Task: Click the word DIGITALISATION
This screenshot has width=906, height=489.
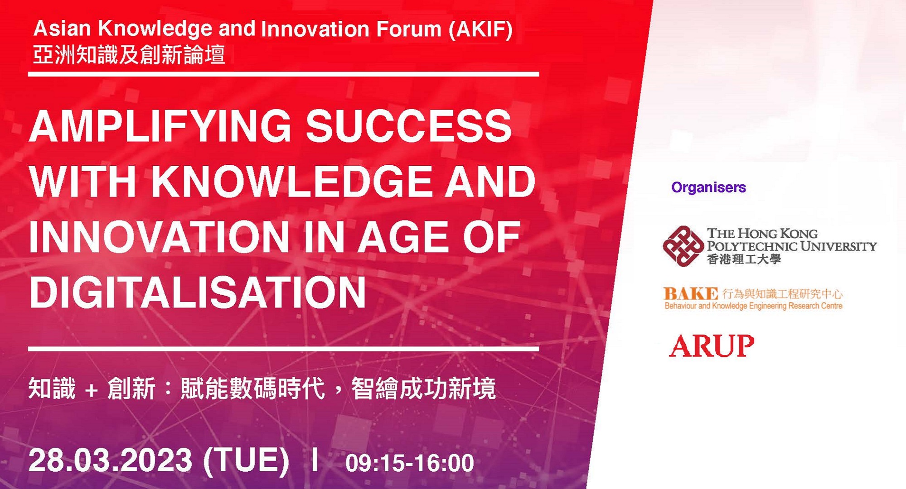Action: [x=198, y=292]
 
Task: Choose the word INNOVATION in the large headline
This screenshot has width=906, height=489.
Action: [x=159, y=237]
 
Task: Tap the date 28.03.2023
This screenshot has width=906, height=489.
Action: [x=110, y=460]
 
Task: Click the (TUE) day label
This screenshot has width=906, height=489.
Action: [x=246, y=461]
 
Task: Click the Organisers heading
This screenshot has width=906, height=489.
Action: [x=708, y=187]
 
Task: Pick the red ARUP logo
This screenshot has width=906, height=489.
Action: [x=712, y=346]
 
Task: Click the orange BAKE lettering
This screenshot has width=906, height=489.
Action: [x=691, y=294]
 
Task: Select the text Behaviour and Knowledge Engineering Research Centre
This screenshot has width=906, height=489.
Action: [x=753, y=306]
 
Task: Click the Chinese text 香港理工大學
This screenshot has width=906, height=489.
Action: [x=744, y=259]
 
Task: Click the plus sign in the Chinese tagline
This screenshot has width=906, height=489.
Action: [x=91, y=390]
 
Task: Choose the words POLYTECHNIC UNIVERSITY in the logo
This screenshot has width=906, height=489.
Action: [x=792, y=246]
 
